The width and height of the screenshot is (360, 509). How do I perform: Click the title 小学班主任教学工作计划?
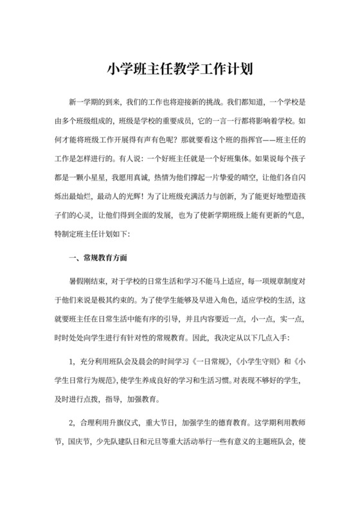tap(179, 68)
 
